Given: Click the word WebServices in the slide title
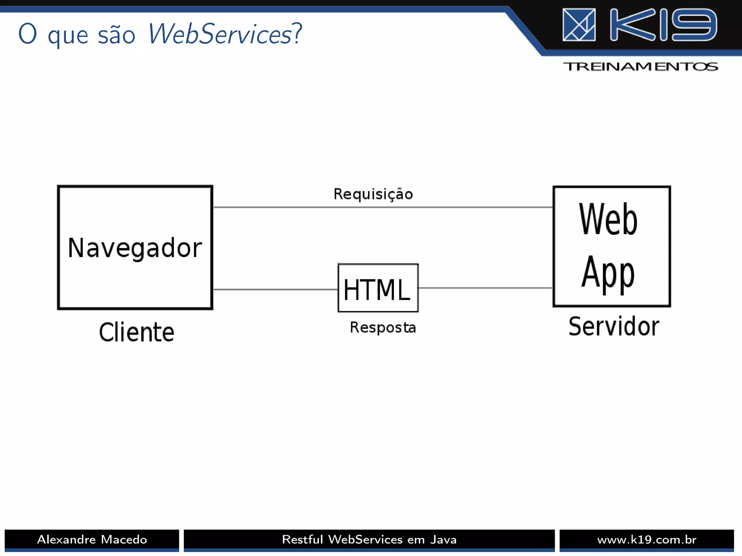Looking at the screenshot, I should click(x=220, y=34).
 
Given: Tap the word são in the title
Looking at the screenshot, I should click(x=116, y=36).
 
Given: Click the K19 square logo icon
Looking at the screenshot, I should click(x=579, y=25).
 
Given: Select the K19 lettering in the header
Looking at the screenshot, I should click(x=663, y=25).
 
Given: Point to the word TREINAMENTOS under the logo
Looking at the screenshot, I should click(x=640, y=67).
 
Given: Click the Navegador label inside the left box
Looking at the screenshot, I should click(x=135, y=248).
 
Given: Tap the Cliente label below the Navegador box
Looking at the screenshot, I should click(x=137, y=332).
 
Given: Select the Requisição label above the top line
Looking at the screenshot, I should click(x=373, y=194).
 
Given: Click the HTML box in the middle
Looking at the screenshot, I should click(x=378, y=288).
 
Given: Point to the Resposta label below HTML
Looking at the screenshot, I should click(x=383, y=328).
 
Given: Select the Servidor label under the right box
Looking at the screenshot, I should click(x=613, y=327).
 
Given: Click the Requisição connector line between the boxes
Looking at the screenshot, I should click(x=383, y=207).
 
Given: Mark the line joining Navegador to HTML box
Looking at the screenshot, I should click(x=275, y=290).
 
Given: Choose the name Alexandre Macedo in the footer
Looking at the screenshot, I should click(x=92, y=540).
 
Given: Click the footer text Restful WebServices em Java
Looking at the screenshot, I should click(x=369, y=540).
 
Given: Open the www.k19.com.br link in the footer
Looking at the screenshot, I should click(x=647, y=540).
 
